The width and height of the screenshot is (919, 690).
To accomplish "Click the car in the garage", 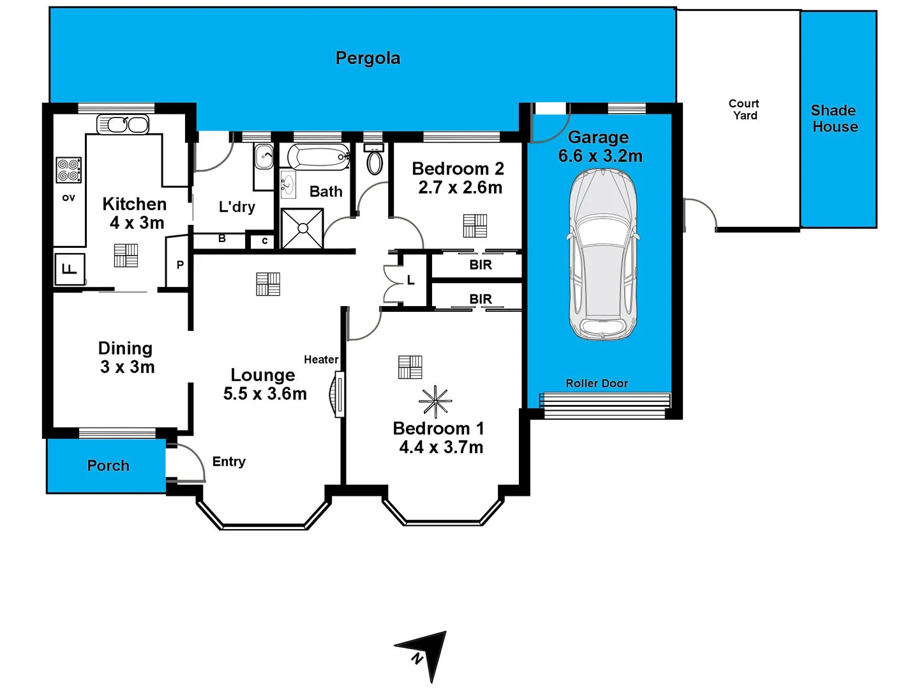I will (602, 254).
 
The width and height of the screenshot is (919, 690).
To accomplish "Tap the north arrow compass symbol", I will (426, 653).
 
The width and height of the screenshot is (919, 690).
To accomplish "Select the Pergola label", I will (368, 58).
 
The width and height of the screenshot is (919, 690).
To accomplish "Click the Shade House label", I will (835, 119).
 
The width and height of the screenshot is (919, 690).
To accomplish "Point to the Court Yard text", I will (744, 109).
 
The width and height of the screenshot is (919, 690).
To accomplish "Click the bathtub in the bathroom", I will (318, 157).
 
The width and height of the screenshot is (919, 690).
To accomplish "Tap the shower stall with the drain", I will (302, 229).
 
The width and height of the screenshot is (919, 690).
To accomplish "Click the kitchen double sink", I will (123, 124).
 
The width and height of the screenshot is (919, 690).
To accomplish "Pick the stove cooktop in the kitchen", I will (69, 171).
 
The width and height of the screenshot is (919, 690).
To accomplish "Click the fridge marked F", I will (70, 269).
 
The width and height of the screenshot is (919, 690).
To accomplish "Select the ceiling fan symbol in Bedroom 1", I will (435, 402).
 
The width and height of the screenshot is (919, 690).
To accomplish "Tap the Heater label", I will (321, 360).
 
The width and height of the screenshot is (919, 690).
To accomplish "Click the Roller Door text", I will (597, 383).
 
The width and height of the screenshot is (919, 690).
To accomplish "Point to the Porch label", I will (108, 466).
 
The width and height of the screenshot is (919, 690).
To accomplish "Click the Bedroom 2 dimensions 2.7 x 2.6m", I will (460, 188).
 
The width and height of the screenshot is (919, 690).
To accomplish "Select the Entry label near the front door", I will (228, 462).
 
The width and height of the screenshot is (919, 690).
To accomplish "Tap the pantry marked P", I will (180, 264).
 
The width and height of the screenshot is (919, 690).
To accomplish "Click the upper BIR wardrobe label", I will (481, 264).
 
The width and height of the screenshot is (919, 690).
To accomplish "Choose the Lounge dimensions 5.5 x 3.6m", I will (265, 394).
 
